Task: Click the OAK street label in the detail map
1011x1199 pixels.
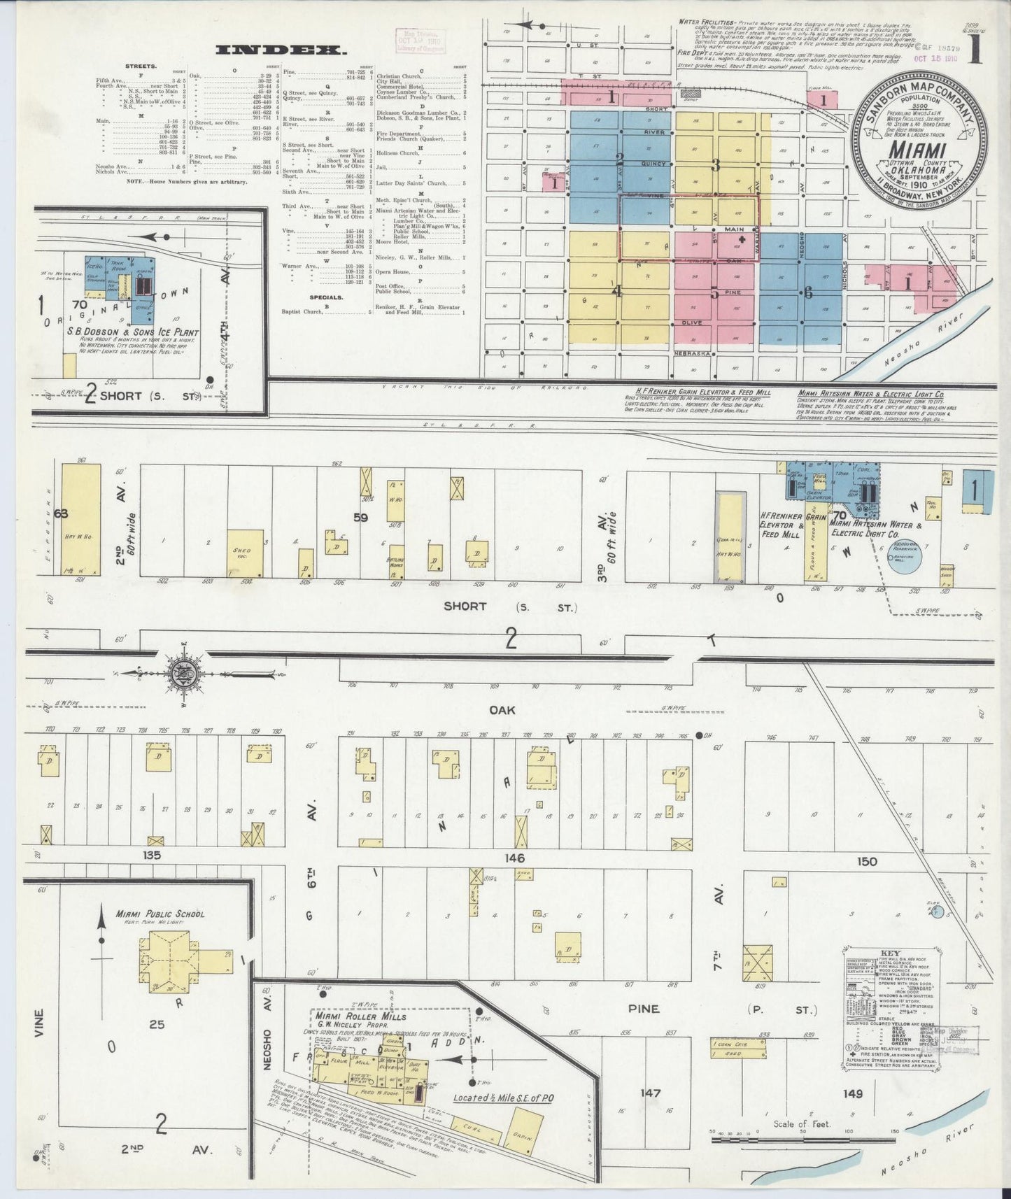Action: (502, 710)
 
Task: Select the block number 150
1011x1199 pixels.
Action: (866, 861)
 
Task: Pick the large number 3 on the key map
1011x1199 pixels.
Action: (716, 166)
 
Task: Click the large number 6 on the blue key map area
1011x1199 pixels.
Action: (807, 294)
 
